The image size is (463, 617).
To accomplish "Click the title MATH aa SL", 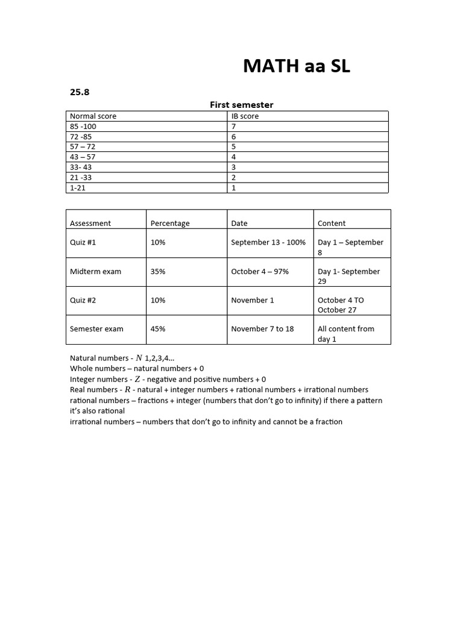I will (296, 66).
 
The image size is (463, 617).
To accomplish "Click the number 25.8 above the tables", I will (80, 92).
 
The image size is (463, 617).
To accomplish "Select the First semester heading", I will (241, 105).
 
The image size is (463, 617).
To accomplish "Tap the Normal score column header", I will (93, 116).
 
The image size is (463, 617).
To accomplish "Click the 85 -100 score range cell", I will (83, 127).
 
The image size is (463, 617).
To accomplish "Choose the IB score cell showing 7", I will (234, 127).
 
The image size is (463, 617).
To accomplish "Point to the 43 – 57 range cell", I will (83, 157).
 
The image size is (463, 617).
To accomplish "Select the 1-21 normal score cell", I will (79, 188).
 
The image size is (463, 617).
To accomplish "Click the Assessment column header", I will (90, 223).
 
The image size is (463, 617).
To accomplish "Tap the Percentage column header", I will (170, 223).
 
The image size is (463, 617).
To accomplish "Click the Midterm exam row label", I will (95, 271).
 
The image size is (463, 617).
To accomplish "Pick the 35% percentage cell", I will (158, 271).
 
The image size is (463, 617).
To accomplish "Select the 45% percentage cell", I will (158, 329).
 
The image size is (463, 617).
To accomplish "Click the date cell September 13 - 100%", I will (268, 242).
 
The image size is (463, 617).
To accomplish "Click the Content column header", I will (332, 223).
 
